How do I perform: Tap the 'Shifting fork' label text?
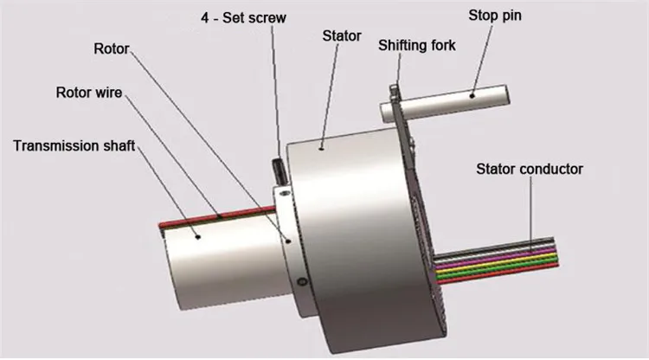point(416,45)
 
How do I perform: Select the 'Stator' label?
point(342,36)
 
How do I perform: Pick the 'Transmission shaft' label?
point(74,145)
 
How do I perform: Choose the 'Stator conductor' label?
point(530,169)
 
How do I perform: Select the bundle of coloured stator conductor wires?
point(502,260)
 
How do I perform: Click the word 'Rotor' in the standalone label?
point(111,48)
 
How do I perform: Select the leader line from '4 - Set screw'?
point(274,87)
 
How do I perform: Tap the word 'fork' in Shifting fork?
point(441,45)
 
